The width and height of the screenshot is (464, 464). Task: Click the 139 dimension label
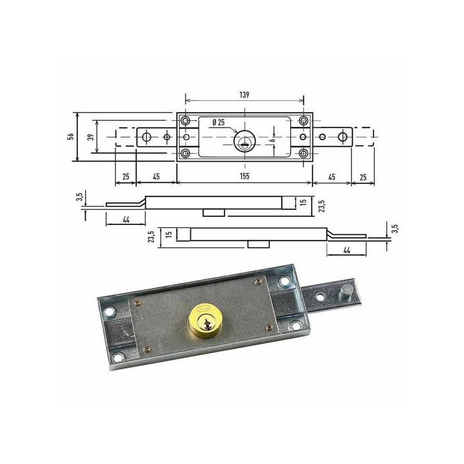[x=244, y=95]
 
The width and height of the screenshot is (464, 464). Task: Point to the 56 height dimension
[x=71, y=136]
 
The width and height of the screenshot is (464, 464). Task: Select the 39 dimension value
[x=91, y=137]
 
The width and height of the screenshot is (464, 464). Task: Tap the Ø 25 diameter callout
[x=219, y=122]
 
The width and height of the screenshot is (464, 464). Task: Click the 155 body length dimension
[x=244, y=176]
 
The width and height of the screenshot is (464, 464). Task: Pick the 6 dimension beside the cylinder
[x=273, y=139]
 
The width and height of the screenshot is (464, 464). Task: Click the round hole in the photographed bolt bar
[x=320, y=296]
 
